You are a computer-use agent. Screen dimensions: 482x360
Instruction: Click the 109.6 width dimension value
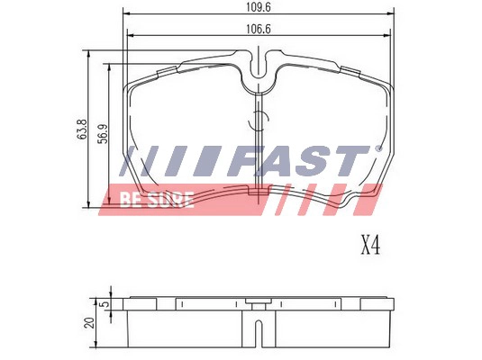tap(259, 7)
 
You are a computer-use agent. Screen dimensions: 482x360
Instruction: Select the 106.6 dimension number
tap(259, 29)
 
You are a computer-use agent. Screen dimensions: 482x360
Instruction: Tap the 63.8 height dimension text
tap(82, 130)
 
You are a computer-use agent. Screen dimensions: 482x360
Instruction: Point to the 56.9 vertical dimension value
tap(104, 133)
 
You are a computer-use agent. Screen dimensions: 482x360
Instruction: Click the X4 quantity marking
tap(370, 246)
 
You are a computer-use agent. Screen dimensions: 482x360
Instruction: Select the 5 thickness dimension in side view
tap(105, 304)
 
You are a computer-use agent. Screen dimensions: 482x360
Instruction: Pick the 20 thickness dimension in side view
tap(90, 323)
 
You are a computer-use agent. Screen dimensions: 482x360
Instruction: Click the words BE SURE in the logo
tap(157, 200)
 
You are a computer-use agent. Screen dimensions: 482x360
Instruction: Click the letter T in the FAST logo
tap(350, 161)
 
